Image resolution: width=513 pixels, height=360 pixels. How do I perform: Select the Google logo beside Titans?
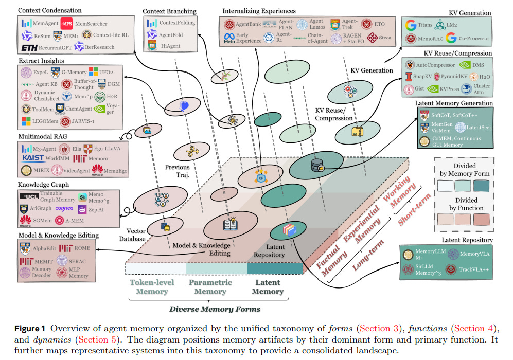pyautogui.click(x=411, y=25)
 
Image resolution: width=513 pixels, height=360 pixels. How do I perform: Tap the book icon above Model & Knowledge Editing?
pyautogui.click(x=229, y=224)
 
